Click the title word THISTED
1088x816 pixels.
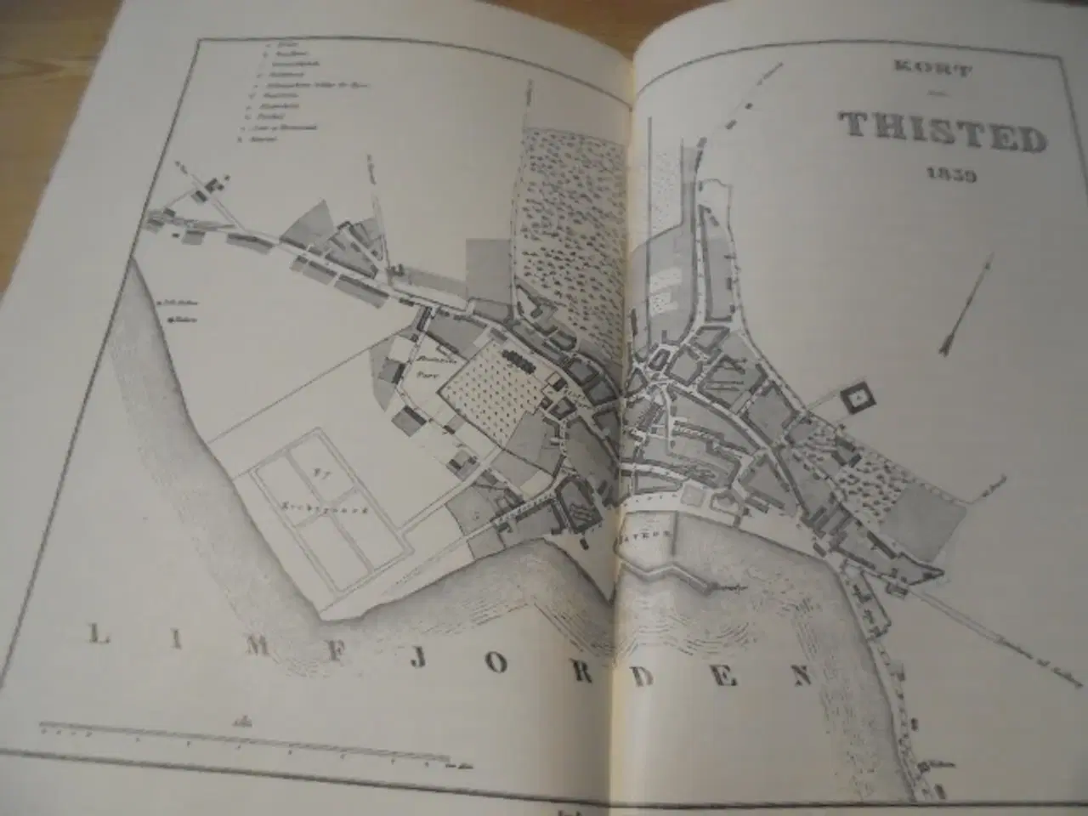coord(942,131)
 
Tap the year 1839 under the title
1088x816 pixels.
coord(949,177)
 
